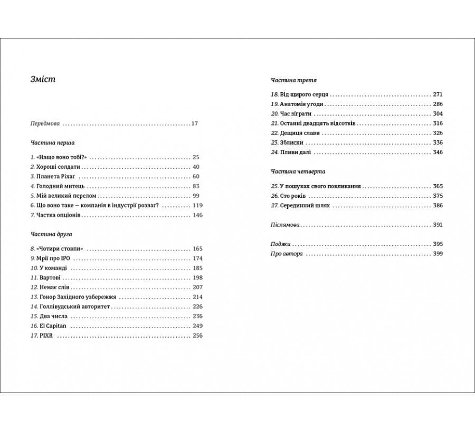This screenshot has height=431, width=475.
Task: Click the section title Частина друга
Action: (x=51, y=234)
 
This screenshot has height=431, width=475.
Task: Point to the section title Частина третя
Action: (x=293, y=80)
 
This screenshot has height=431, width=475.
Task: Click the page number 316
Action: (x=438, y=123)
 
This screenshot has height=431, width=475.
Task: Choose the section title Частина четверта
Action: (x=298, y=171)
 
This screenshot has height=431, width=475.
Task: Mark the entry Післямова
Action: (x=285, y=225)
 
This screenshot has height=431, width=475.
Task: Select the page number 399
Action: (x=438, y=254)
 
